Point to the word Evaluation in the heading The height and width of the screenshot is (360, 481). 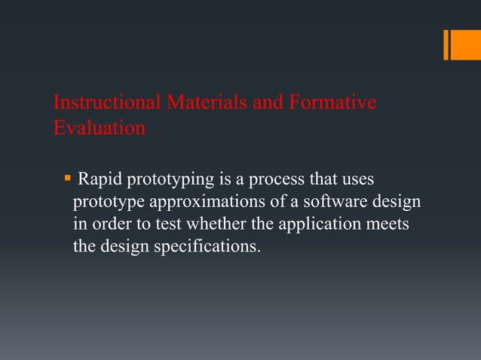pos(100,127)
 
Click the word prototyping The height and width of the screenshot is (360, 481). pos(167,182)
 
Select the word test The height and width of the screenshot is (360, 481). pos(166,224)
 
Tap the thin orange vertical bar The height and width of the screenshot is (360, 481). pos(446,44)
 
